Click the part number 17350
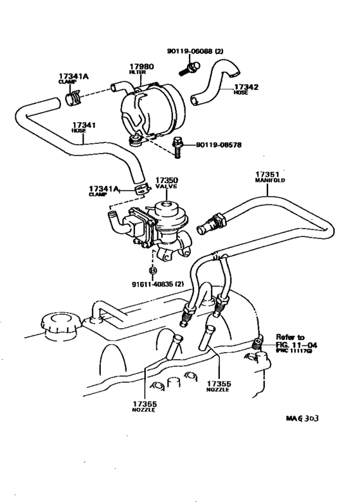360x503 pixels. tap(166, 180)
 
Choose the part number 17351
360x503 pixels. tap(266, 174)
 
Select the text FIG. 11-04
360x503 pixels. tap(297, 344)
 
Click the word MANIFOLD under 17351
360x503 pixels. tap(269, 181)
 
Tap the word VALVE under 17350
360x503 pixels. tap(166, 186)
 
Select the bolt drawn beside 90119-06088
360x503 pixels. tap(193, 66)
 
